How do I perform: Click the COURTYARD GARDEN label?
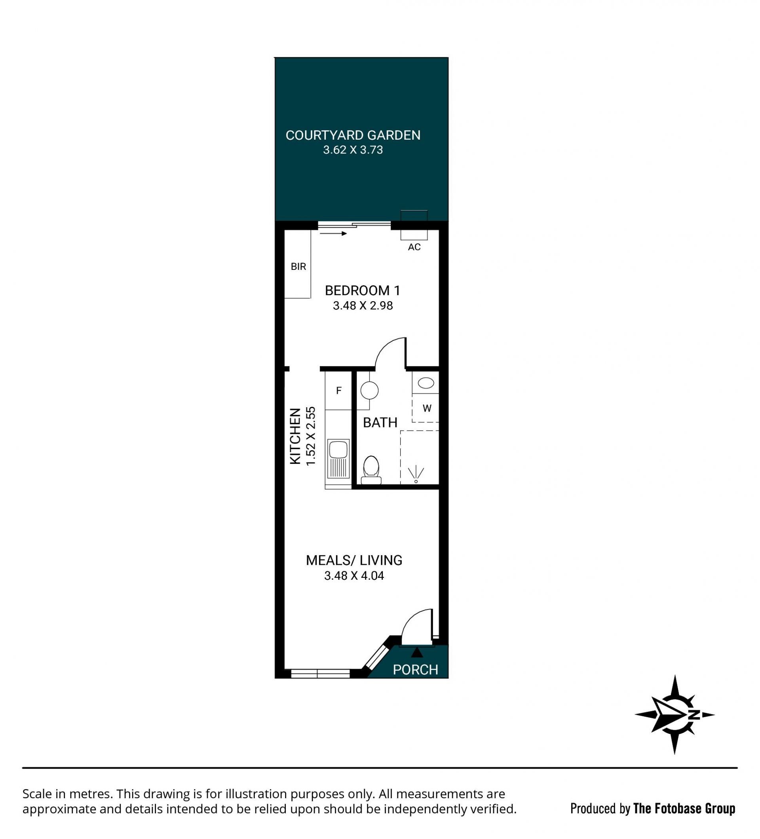point(353,135)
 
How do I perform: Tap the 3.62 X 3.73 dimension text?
point(353,150)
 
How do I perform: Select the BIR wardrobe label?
point(298,267)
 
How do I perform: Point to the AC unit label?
point(414,247)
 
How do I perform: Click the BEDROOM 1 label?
point(363,290)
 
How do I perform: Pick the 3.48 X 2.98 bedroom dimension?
point(363,306)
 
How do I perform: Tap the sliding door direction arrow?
point(333,233)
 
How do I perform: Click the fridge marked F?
point(338,390)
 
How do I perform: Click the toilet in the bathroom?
point(371,470)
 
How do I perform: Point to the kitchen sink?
point(338,458)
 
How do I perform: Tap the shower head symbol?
point(416,475)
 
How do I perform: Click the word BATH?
point(380,423)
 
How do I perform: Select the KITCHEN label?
point(295,436)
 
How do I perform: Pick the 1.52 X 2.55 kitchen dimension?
point(311,436)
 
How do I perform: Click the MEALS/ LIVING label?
point(354,560)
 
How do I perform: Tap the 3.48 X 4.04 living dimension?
point(354,576)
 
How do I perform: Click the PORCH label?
point(415,670)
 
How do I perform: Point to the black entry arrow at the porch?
point(417,652)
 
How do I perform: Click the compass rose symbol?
point(674,715)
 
